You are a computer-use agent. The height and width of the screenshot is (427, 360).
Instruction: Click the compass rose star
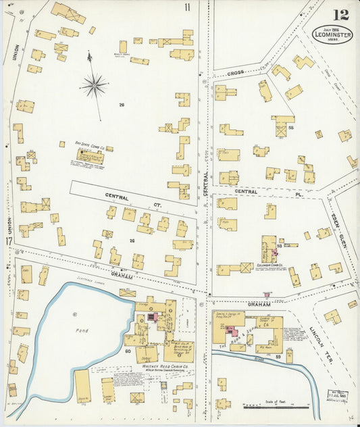tap(94, 85)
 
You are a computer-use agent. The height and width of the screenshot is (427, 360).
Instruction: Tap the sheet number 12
tap(340, 14)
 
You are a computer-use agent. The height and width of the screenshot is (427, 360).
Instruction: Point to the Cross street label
tap(235, 72)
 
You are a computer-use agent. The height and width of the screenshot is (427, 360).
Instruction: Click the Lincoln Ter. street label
tap(317, 342)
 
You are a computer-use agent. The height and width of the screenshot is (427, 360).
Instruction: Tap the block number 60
tap(127, 352)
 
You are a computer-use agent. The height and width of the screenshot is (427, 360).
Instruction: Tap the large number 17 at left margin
tap(8, 242)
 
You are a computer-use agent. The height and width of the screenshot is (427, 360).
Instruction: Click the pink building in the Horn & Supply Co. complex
tap(232, 330)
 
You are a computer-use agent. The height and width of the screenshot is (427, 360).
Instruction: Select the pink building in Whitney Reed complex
tap(153, 316)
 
